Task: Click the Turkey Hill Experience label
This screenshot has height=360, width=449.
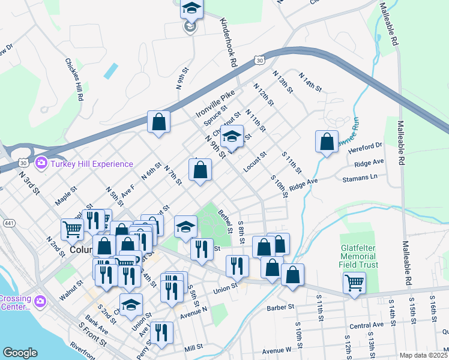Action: tap(91, 164)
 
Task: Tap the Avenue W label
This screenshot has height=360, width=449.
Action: tap(277, 350)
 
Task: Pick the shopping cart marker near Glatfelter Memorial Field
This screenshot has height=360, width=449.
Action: tap(354, 282)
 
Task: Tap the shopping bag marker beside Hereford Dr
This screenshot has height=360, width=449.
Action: tap(327, 142)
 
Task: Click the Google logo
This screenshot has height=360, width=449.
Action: tap(20, 353)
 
